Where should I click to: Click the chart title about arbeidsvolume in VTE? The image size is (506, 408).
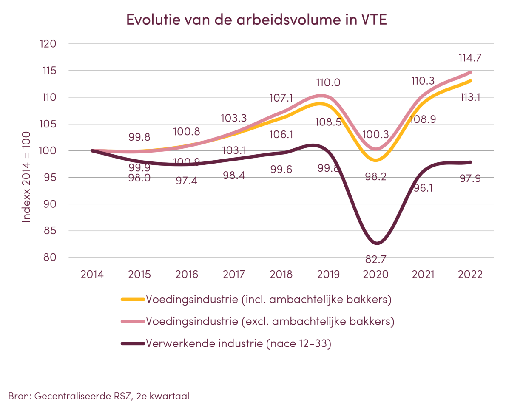[x=257, y=20]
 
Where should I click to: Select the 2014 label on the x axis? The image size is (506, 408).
[x=92, y=274]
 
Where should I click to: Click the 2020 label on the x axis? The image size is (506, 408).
[x=376, y=274]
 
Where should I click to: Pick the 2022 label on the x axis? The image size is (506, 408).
[x=470, y=274]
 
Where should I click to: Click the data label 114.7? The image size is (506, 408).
[x=470, y=58]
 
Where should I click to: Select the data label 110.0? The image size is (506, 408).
[x=328, y=83]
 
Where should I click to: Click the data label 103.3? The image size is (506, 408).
[x=234, y=118]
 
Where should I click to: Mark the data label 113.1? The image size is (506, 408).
[x=470, y=98]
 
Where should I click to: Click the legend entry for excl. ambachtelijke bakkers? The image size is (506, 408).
[x=270, y=322]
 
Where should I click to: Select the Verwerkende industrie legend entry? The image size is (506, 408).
[x=239, y=344]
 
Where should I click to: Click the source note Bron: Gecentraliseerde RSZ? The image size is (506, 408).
[x=99, y=396]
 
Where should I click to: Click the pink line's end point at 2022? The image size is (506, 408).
[x=470, y=72]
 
